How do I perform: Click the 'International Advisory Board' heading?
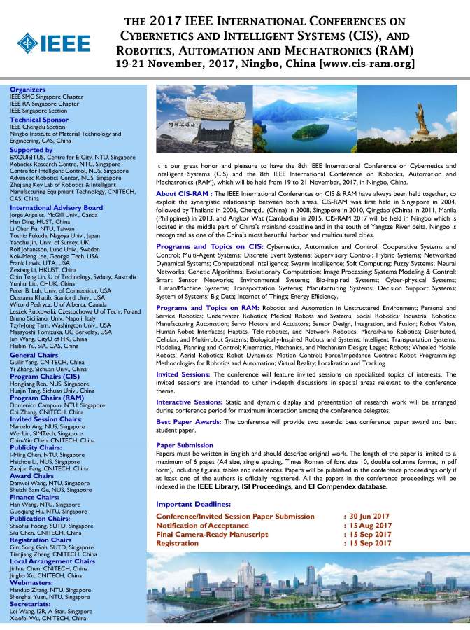click(x=56, y=208)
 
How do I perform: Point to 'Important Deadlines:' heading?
click(x=193, y=504)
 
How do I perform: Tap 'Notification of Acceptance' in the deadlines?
click(x=203, y=525)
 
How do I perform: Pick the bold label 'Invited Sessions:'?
click(x=183, y=374)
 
